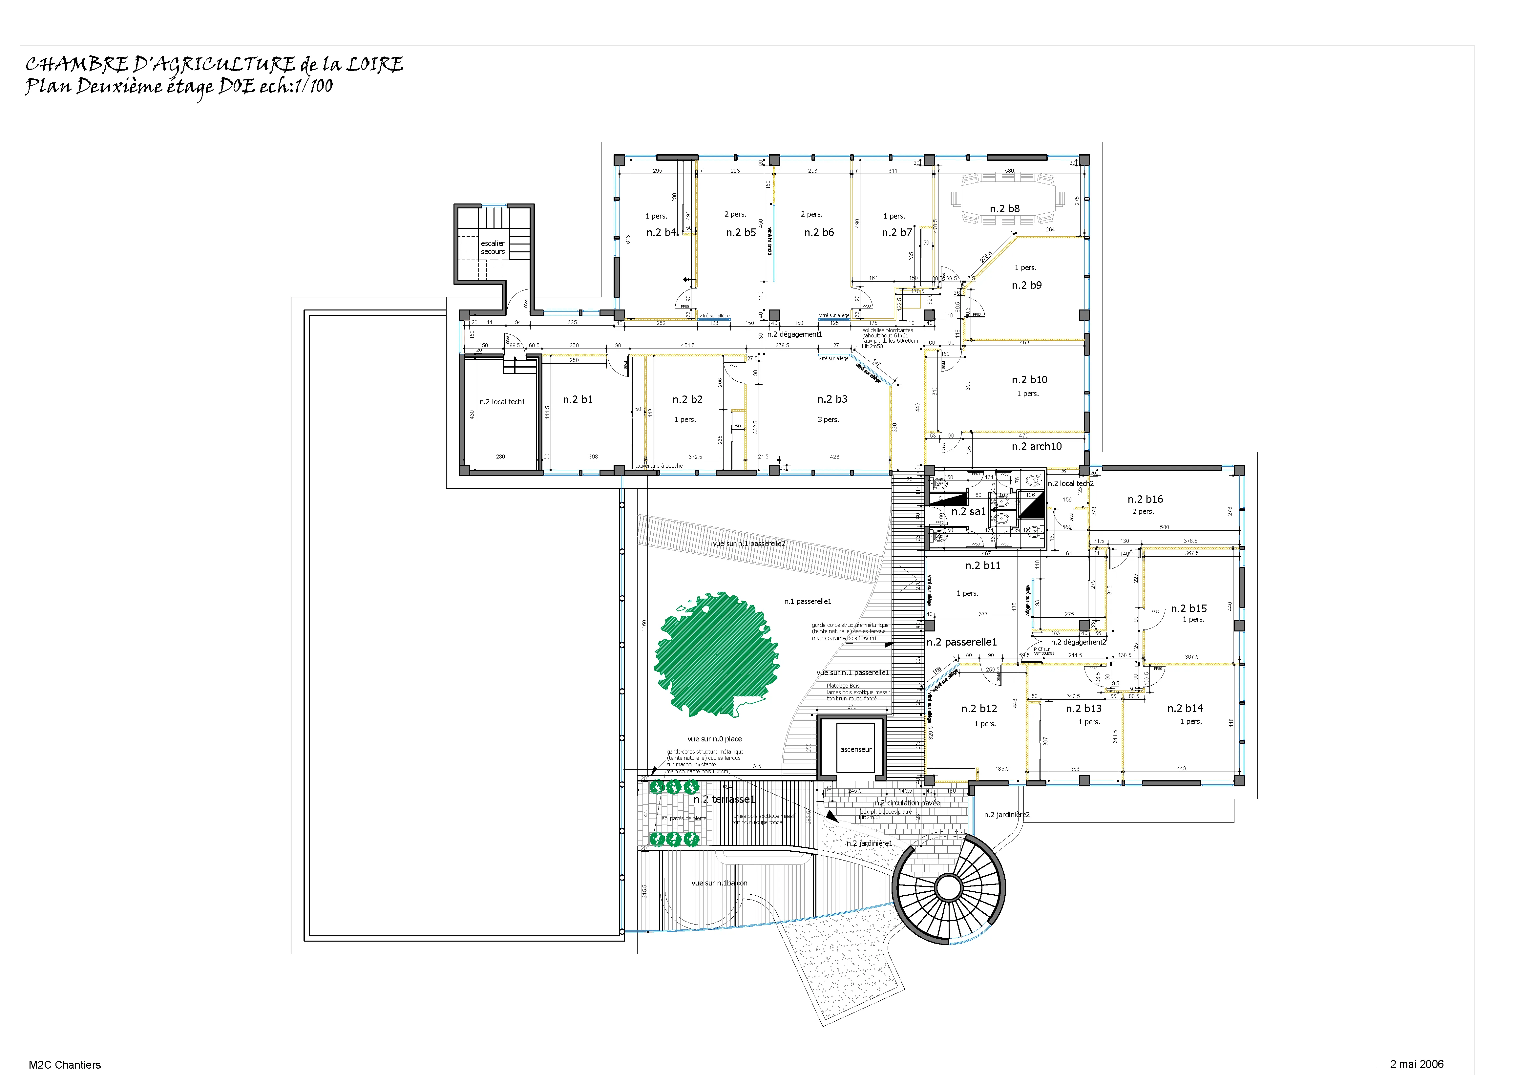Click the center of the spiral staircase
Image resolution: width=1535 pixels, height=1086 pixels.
tap(947, 887)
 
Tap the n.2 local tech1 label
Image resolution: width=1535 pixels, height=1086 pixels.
tap(502, 402)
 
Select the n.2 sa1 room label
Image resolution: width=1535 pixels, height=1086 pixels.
tap(968, 512)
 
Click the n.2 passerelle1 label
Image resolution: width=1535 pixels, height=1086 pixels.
tap(961, 642)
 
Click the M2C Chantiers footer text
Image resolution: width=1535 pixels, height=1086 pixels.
tap(65, 1065)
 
